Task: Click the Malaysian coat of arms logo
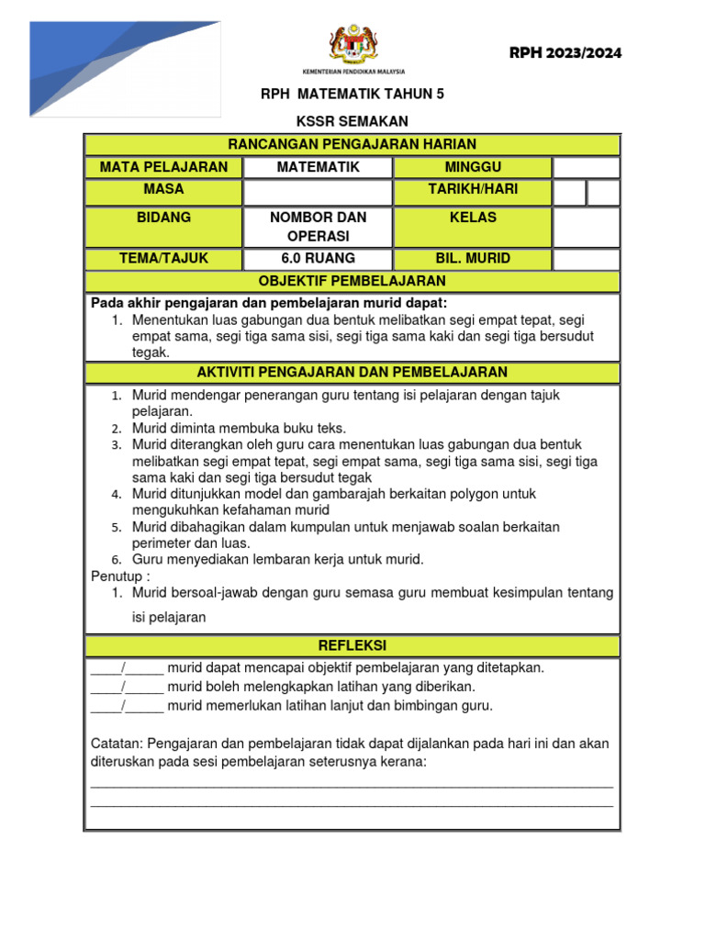pos(352,44)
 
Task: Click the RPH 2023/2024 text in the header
pos(565,53)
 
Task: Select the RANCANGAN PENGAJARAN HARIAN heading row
pos(352,144)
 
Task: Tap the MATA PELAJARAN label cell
pos(163,167)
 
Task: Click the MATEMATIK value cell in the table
pos(318,167)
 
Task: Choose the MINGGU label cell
pos(473,167)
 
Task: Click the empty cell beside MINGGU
pos(586,167)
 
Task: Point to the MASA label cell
pos(163,189)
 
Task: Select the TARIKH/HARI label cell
pos(473,189)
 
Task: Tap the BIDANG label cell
pos(163,218)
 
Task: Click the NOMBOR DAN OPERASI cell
pos(318,227)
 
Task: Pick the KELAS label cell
pos(473,218)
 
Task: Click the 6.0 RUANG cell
pos(318,259)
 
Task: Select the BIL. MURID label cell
pos(473,259)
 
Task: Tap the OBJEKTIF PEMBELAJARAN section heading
pos(352,281)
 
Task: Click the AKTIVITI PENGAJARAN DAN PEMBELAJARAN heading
pos(352,372)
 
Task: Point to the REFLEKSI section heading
pos(352,645)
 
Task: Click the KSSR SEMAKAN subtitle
pos(352,121)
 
